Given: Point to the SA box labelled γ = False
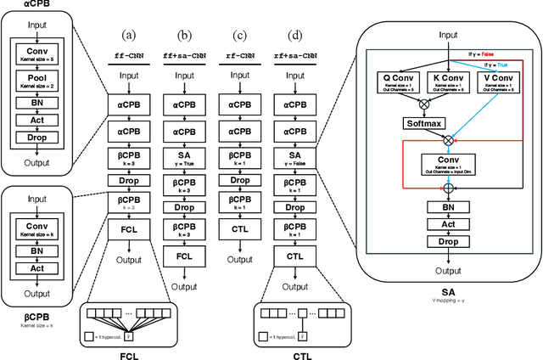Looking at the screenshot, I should pyautogui.click(x=294, y=158).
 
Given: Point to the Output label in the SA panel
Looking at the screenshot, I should pyautogui.click(x=443, y=271).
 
